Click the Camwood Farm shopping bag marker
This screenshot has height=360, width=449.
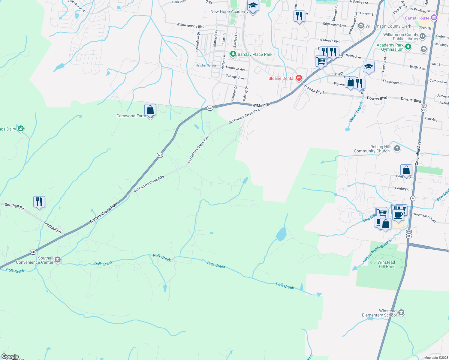150,110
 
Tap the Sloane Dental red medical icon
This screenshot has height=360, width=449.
299,78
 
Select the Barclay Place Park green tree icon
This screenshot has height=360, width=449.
233,54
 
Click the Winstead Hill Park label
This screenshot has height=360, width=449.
386,264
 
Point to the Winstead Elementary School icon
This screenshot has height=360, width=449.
401,313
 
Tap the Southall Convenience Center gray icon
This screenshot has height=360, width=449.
58,260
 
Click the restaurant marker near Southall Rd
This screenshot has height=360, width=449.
39,202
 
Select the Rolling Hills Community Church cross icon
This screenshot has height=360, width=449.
397,148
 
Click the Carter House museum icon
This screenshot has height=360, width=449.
434,18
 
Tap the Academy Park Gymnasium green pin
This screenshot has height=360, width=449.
408,47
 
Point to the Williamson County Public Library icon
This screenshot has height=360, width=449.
423,37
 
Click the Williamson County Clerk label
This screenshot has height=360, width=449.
388,26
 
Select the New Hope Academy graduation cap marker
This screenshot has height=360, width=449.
253,6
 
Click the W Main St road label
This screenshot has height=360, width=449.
261,105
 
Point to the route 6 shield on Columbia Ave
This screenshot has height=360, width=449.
413,198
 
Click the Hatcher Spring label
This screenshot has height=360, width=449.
206,65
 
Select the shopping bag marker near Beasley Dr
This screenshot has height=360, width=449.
406,170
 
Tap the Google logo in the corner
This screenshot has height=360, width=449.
10,356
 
